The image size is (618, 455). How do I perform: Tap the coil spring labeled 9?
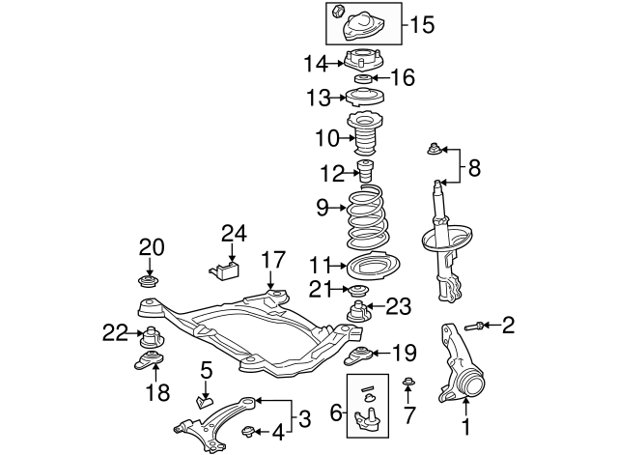(364, 221)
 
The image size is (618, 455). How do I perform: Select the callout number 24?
(234, 233)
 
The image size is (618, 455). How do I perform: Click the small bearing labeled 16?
(364, 78)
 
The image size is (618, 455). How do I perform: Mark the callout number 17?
(273, 259)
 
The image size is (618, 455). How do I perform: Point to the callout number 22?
(115, 333)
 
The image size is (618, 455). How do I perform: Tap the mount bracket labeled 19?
(358, 355)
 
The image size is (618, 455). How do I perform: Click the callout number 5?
(206, 369)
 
